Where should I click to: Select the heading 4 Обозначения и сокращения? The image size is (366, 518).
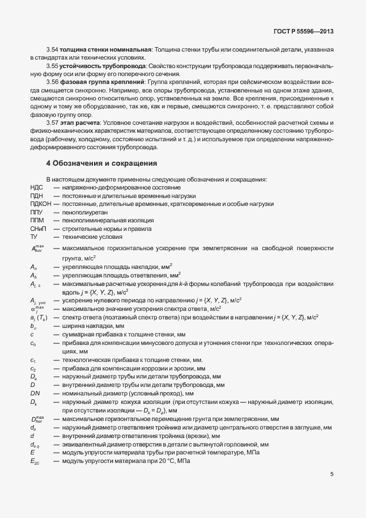[x=101, y=163]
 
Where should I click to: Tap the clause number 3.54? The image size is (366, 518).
[x=52, y=49]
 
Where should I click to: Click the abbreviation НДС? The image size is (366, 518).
[x=36, y=187]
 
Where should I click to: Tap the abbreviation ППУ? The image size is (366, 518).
[x=37, y=212]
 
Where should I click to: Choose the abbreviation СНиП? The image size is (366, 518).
[x=38, y=228]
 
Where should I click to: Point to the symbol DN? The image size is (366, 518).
[x=35, y=393]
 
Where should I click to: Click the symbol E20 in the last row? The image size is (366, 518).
[x=35, y=463]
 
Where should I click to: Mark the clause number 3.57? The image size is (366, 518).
[x=52, y=123]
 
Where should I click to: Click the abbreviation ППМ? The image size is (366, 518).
[x=37, y=220]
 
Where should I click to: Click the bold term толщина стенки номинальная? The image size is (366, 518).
[x=104, y=49]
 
